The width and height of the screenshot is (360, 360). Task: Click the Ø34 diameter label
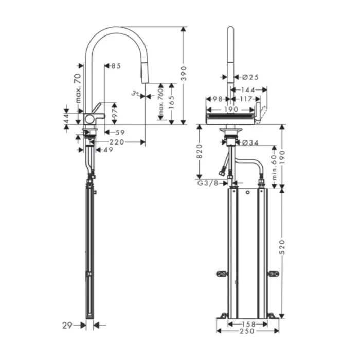point(250,142)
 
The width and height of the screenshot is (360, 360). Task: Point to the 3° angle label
point(135,94)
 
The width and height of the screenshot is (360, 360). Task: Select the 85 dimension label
point(116,66)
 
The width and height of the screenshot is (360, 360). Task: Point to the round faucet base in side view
point(90,119)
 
